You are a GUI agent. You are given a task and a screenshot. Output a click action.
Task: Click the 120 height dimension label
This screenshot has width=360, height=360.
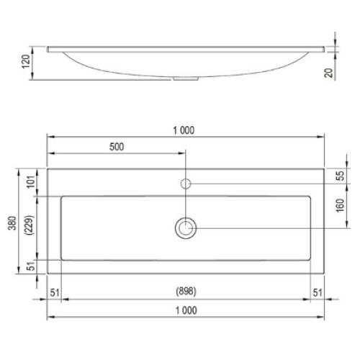click(26, 62)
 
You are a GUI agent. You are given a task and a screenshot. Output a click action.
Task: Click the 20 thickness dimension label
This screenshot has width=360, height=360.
click(329, 73)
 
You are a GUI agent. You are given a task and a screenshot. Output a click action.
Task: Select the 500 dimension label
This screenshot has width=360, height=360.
click(117, 147)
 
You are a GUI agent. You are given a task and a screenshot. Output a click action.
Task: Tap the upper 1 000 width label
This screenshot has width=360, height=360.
click(184, 130)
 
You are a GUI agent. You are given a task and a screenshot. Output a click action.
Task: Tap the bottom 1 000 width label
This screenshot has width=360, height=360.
click(186, 310)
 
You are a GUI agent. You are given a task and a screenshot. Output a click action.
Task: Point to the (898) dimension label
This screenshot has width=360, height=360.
click(186, 291)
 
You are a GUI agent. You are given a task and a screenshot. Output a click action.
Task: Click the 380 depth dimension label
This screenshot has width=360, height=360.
click(12, 223)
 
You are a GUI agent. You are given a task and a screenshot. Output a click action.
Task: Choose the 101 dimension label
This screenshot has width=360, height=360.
click(31, 182)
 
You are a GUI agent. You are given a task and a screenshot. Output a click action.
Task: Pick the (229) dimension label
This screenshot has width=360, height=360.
click(30, 225)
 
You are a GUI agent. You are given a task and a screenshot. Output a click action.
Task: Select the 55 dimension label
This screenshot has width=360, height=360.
click(340, 176)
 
